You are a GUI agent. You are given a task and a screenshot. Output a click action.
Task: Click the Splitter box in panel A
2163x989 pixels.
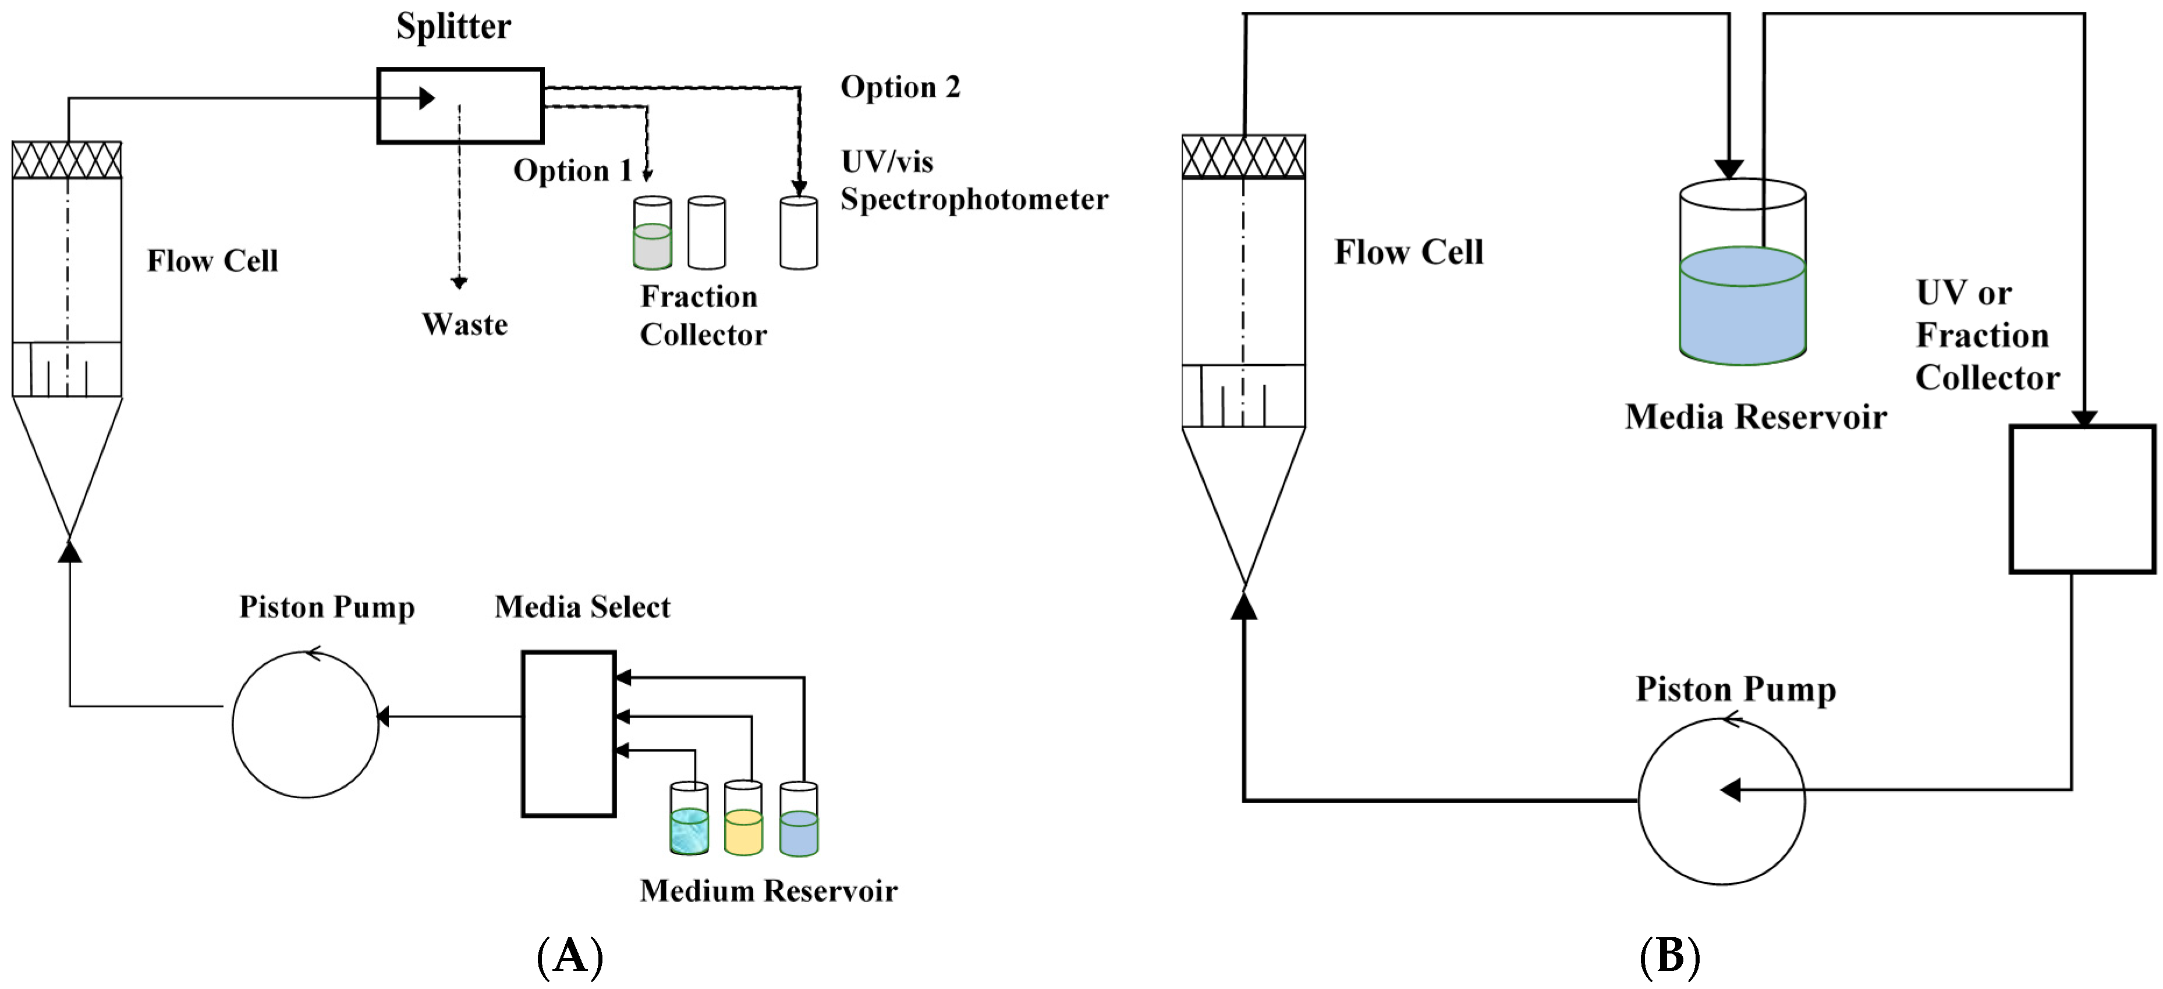point(460,106)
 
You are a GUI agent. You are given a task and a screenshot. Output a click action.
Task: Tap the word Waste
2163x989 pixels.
point(464,325)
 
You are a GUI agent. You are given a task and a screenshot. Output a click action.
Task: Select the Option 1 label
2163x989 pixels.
point(572,170)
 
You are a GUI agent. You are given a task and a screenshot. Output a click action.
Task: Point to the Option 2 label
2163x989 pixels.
point(900,87)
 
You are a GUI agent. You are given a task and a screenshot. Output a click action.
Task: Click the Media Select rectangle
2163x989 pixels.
point(569,734)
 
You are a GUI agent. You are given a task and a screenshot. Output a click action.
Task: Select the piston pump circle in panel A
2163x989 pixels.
point(306,724)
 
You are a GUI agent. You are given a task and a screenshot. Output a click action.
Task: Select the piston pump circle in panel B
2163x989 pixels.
point(1721,802)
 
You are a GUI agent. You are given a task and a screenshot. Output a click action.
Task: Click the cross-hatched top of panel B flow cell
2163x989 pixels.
point(1243,157)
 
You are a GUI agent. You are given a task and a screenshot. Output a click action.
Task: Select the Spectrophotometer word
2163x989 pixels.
point(974,200)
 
